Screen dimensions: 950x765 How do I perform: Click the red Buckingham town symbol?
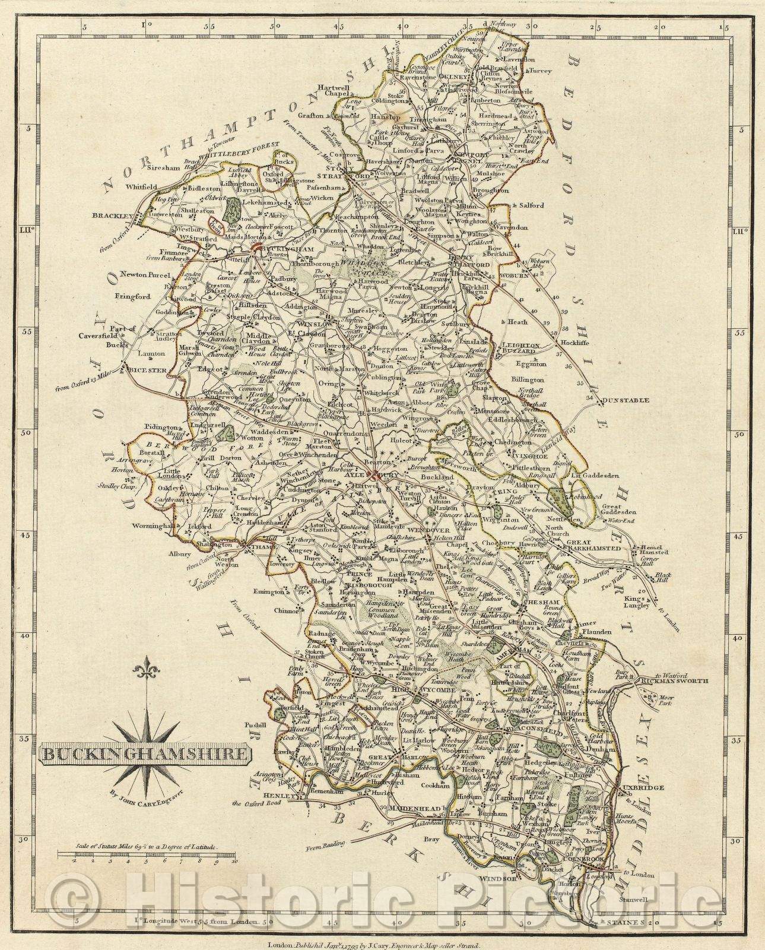[258, 249]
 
